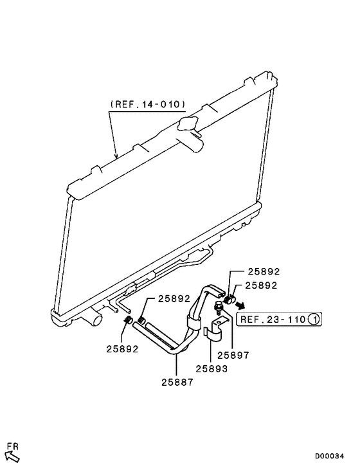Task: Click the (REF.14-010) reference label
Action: click(148, 104)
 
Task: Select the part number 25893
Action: click(212, 368)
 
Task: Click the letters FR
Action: click(12, 445)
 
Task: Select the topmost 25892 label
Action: click(246, 272)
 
